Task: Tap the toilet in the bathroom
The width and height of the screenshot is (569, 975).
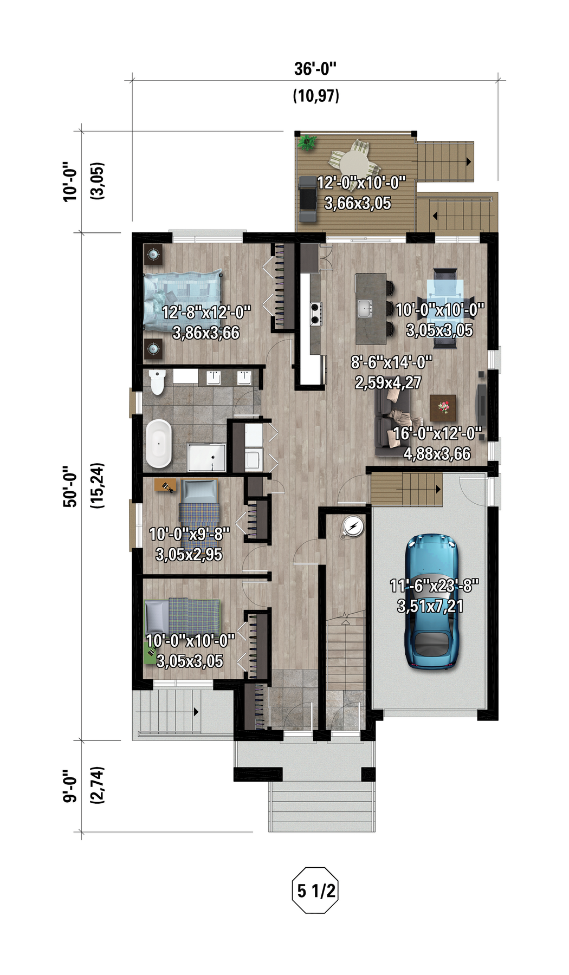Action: (x=157, y=382)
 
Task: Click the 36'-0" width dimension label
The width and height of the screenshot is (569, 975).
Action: (x=315, y=69)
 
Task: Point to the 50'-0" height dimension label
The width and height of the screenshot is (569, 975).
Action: (x=70, y=486)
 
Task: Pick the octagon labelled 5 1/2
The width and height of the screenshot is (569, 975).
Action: (x=315, y=890)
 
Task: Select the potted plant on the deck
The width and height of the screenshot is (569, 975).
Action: (x=307, y=143)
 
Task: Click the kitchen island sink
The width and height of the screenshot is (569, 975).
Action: (x=365, y=308)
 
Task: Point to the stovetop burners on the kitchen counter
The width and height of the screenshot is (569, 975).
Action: (x=314, y=314)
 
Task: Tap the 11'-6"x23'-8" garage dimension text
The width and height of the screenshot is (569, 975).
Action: (x=434, y=586)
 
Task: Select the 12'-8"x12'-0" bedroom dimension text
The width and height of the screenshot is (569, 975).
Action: (x=206, y=313)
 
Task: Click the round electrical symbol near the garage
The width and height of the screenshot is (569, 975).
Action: (x=352, y=526)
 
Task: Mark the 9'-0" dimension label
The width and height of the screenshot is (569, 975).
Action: (x=70, y=785)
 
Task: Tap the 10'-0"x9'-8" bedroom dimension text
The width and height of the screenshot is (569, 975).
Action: (x=189, y=534)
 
